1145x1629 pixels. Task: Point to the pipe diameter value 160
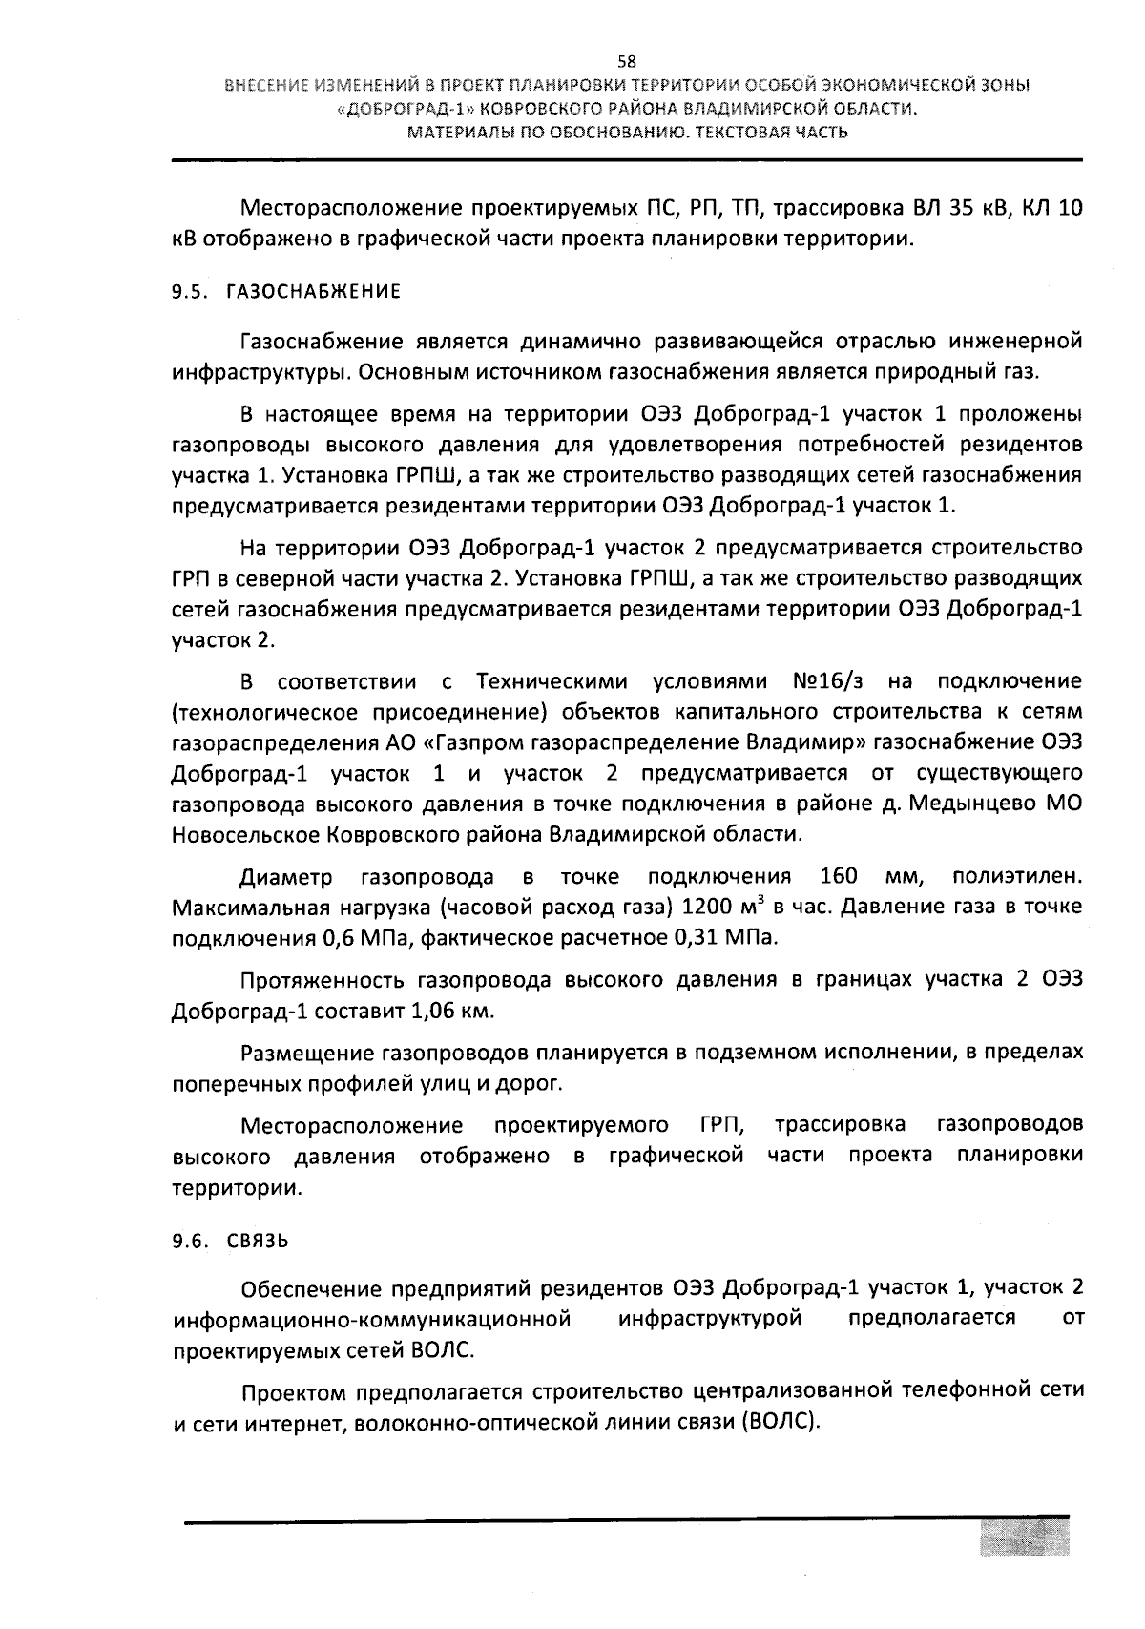point(840,877)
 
